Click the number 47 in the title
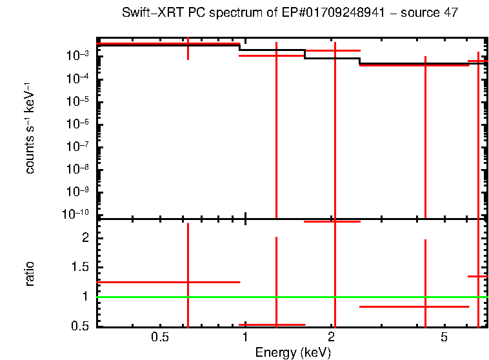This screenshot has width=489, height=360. (x=450, y=14)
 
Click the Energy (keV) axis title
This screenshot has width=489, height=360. (x=293, y=352)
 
